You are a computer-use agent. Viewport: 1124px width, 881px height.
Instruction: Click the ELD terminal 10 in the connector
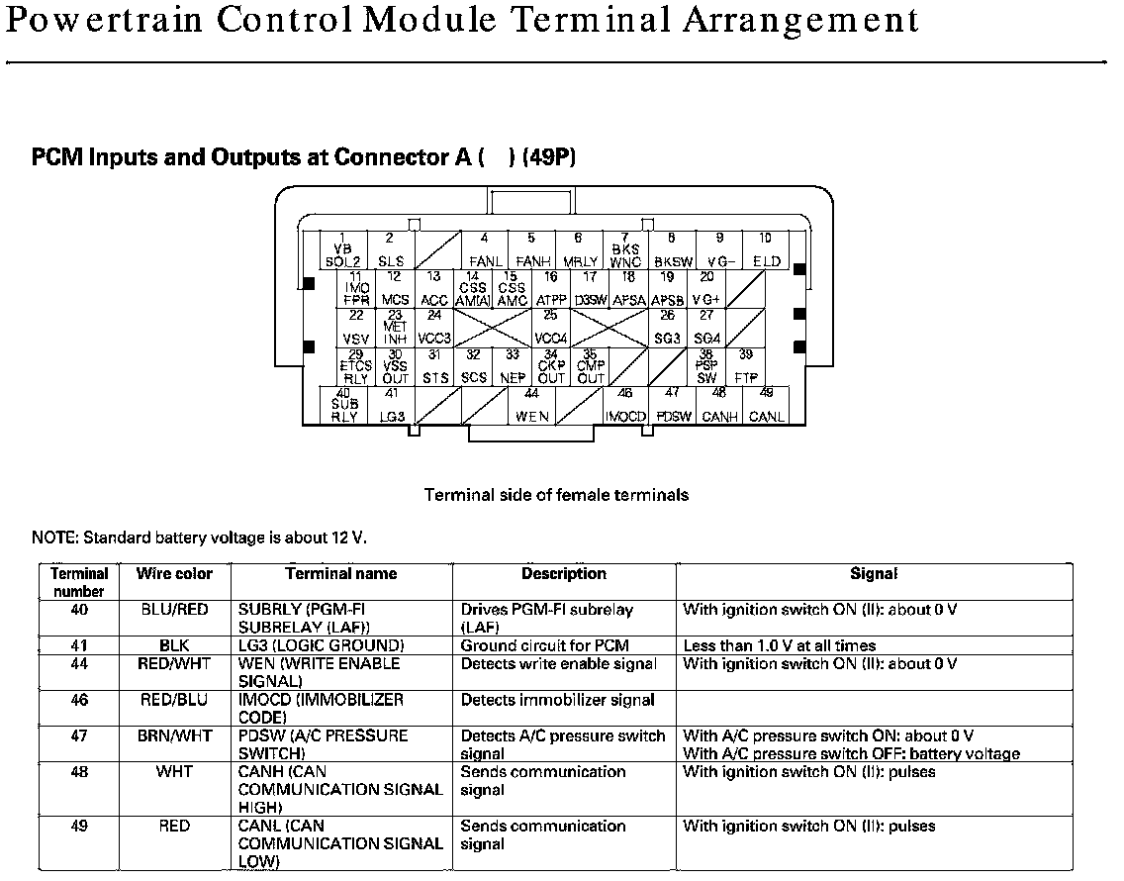coord(766,250)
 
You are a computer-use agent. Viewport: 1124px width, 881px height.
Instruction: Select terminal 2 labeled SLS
coord(390,250)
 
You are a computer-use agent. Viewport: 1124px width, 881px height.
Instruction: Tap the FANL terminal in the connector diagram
coord(484,250)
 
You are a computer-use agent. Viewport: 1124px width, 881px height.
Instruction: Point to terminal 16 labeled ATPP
coord(551,289)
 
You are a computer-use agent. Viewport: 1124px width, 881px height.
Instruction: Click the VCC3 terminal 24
coord(434,328)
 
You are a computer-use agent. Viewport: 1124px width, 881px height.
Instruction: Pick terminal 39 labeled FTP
coord(745,366)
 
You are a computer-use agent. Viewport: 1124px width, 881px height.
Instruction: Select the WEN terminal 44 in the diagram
coord(531,405)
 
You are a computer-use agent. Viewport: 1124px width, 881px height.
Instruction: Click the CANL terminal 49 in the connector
coord(766,405)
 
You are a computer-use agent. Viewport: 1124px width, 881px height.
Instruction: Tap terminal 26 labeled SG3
coord(668,328)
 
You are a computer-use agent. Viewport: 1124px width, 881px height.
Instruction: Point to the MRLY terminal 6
coord(578,250)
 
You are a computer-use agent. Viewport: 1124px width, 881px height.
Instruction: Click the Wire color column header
coord(174,573)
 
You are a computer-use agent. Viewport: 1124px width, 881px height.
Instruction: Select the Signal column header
coord(874,573)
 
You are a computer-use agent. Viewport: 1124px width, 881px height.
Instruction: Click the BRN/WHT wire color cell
coord(174,735)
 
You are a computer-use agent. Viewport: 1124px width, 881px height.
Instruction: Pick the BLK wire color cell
coord(174,645)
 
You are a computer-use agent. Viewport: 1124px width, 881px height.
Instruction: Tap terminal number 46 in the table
coord(79,700)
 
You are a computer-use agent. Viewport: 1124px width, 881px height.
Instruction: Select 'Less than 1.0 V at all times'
coord(780,645)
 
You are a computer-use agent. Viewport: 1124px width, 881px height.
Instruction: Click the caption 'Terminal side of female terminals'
coord(556,494)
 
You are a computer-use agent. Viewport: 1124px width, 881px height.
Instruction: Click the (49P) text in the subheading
coord(549,157)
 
